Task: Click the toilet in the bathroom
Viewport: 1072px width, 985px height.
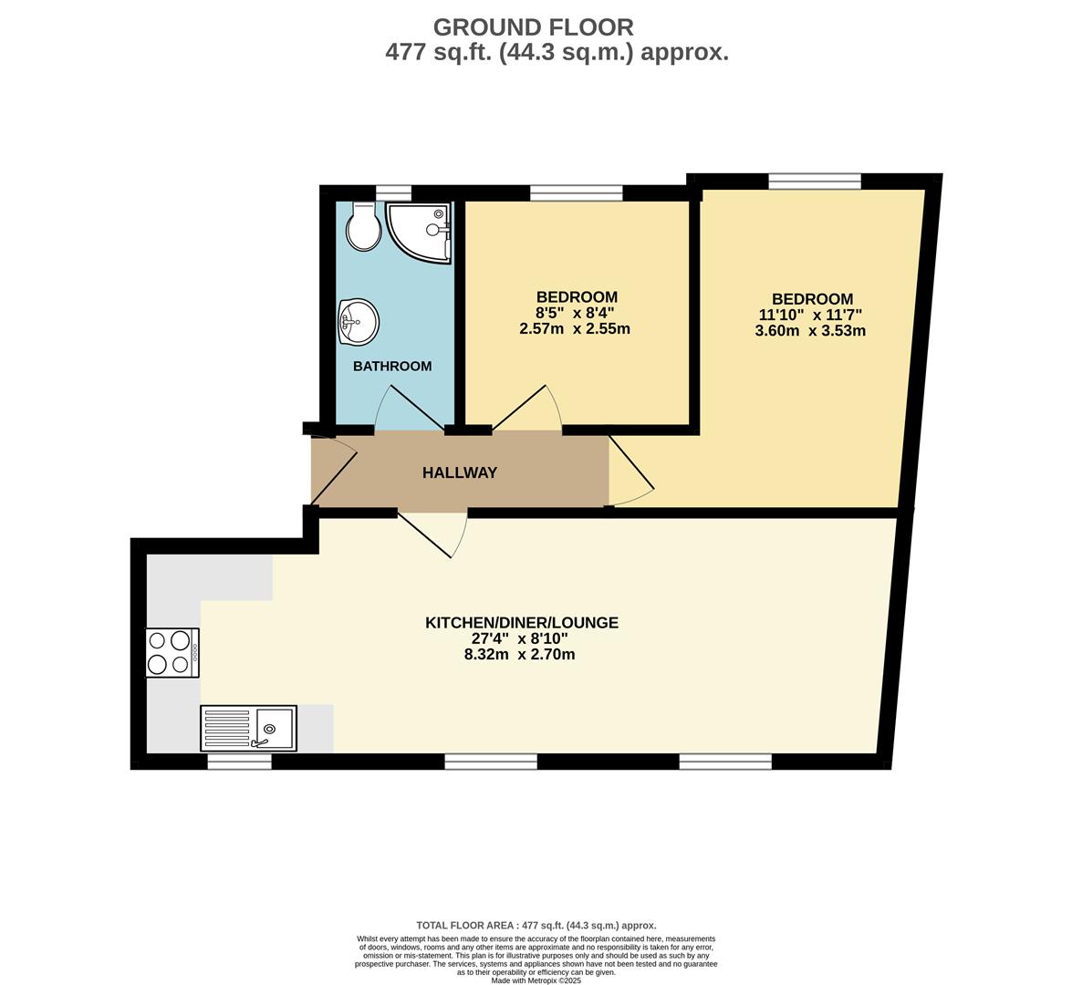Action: pos(363,226)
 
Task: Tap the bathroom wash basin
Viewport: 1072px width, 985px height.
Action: pos(358,322)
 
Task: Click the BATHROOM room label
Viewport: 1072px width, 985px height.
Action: pos(392,366)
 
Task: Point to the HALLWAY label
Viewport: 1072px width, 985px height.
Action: pos(460,472)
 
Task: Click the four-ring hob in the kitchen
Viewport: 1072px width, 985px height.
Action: pos(172,653)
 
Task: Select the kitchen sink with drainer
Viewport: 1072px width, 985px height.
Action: pos(248,728)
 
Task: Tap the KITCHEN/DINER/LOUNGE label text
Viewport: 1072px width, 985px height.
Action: pos(522,623)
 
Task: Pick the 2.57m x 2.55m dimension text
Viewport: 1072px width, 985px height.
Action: pos(575,329)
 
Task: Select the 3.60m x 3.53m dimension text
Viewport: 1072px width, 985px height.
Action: pos(810,331)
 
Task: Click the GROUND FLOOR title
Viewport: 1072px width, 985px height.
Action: pos(533,27)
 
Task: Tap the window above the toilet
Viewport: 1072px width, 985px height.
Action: pos(393,192)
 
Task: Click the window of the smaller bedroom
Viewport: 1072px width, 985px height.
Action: pos(576,192)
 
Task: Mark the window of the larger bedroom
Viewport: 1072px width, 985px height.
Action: pos(814,181)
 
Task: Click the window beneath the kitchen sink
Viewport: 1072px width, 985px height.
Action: pos(239,762)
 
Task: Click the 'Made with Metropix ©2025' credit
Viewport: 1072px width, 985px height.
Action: pos(536,980)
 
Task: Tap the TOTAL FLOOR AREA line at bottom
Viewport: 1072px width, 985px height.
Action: pos(536,925)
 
